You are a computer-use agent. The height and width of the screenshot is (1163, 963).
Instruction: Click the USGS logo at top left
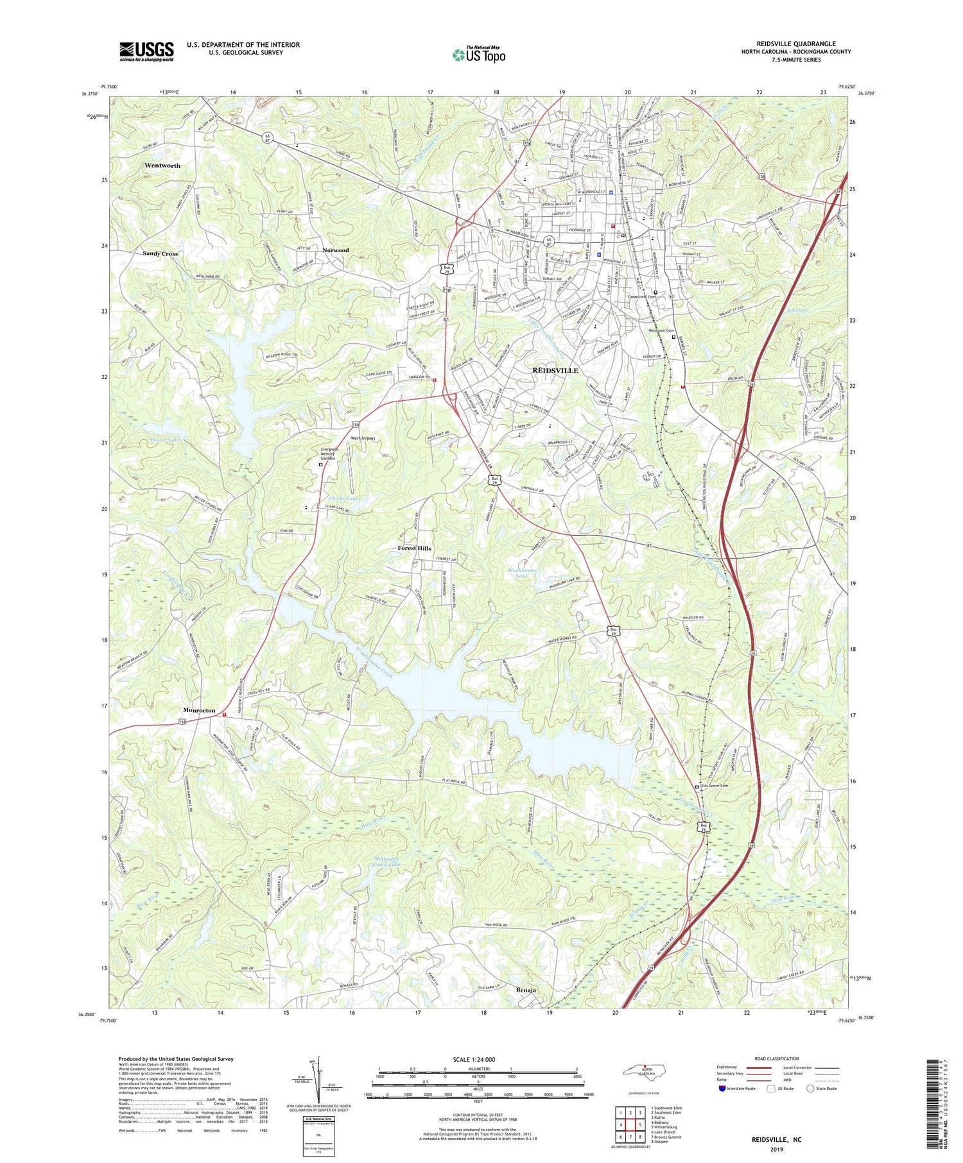click(146, 51)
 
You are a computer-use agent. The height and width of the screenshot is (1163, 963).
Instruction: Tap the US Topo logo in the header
click(478, 55)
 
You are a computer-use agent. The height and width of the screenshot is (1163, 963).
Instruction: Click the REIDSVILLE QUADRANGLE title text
click(795, 44)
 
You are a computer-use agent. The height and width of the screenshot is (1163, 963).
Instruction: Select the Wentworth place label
click(162, 166)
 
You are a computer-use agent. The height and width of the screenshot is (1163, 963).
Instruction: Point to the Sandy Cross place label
click(160, 253)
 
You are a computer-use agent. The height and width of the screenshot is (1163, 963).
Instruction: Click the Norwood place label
click(335, 250)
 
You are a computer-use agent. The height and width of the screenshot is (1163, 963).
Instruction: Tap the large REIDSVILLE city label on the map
click(555, 371)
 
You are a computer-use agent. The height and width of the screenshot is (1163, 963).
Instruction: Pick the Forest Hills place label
click(414, 548)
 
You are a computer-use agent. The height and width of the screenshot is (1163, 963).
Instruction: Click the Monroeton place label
click(199, 711)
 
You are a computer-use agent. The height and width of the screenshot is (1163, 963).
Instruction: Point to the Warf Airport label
click(363, 439)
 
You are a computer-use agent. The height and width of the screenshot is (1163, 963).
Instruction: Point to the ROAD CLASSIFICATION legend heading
click(776, 1058)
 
